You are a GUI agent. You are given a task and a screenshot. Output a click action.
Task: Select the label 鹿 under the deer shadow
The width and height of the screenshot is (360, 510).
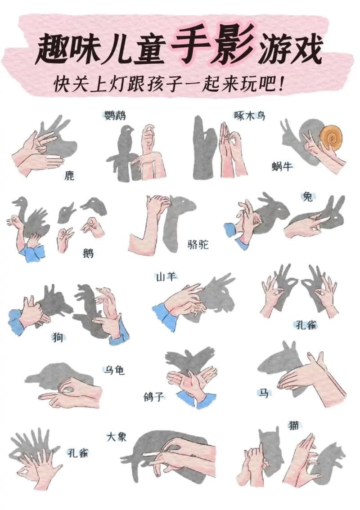[69, 175]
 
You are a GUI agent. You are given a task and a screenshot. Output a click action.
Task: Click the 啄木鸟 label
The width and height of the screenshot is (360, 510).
[249, 116]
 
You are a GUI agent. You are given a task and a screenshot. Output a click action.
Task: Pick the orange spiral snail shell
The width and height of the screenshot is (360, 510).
[331, 137]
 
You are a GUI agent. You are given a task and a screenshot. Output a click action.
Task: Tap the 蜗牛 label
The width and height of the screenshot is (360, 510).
[282, 167]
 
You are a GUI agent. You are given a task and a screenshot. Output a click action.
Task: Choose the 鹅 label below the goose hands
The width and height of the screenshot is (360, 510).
[89, 253]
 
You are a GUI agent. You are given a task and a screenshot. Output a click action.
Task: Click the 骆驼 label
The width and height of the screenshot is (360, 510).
[198, 245]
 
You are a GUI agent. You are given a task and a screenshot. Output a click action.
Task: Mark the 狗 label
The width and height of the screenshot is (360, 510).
[58, 337]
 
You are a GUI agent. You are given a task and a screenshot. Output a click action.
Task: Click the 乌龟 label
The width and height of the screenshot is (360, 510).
[114, 370]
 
